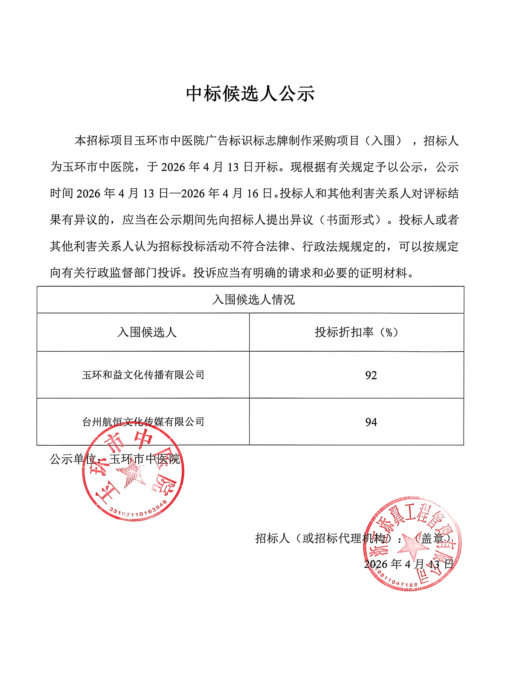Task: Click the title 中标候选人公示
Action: point(250,93)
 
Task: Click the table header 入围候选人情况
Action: point(253,299)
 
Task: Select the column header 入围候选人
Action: point(147,332)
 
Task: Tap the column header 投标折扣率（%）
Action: point(357,332)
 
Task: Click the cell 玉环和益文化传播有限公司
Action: point(143,375)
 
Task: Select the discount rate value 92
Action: point(371,375)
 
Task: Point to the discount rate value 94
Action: point(371,422)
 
